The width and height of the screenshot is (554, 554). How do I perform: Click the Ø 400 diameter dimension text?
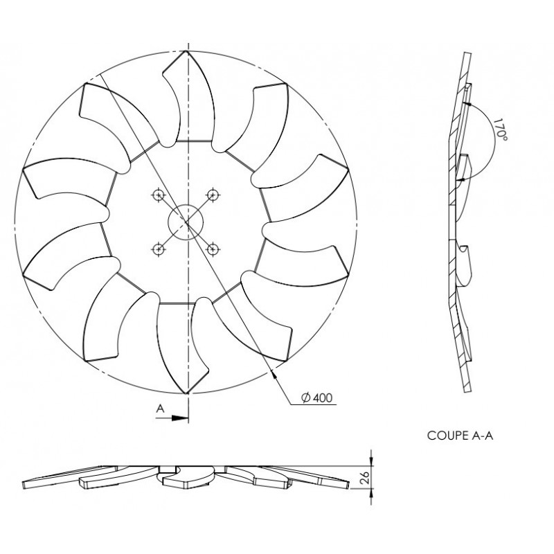(317, 397)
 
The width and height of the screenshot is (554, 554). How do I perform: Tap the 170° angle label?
(500, 129)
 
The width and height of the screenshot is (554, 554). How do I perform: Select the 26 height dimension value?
(366, 477)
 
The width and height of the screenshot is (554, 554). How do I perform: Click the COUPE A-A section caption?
(460, 436)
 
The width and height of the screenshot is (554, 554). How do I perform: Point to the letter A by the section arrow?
(161, 409)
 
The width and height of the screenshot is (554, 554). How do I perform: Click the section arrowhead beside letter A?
(179, 418)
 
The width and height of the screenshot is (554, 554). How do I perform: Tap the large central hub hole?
(186, 222)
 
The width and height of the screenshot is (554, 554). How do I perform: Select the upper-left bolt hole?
(159, 195)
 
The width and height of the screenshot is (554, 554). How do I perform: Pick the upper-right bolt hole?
(213, 195)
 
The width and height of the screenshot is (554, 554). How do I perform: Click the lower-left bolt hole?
(159, 249)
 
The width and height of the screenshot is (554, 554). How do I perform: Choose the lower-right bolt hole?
(213, 249)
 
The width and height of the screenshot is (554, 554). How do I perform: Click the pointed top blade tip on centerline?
(186, 51)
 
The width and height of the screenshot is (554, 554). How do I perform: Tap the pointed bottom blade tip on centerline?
(186, 393)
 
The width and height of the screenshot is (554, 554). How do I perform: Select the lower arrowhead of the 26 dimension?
(371, 494)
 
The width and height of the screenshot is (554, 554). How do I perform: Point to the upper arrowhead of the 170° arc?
(467, 104)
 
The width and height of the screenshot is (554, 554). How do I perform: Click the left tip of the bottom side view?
(24, 485)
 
